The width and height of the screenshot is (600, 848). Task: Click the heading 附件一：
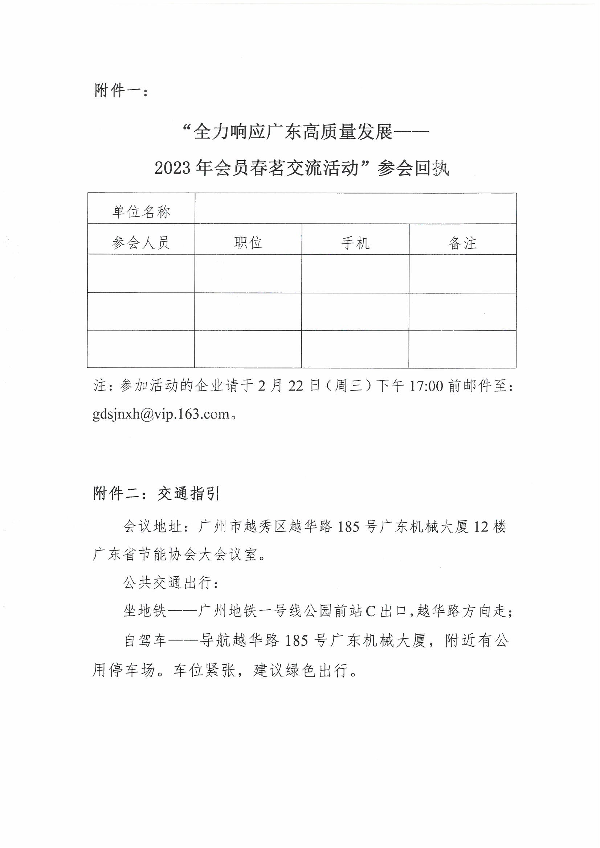pyautogui.click(x=121, y=90)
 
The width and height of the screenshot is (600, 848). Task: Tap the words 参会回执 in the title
pyautogui.click(x=413, y=169)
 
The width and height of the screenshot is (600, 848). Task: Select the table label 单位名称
pyautogui.click(x=141, y=212)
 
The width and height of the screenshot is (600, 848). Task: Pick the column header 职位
pyautogui.click(x=248, y=243)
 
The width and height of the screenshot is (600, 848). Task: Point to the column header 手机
pyautogui.click(x=355, y=243)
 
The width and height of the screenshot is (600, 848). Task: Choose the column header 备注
pyautogui.click(x=462, y=243)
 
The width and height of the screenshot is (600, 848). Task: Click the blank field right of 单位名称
pyautogui.click(x=355, y=208)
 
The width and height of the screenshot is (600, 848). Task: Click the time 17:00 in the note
pyautogui.click(x=426, y=386)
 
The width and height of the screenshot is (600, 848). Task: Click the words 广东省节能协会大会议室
pyautogui.click(x=175, y=555)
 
